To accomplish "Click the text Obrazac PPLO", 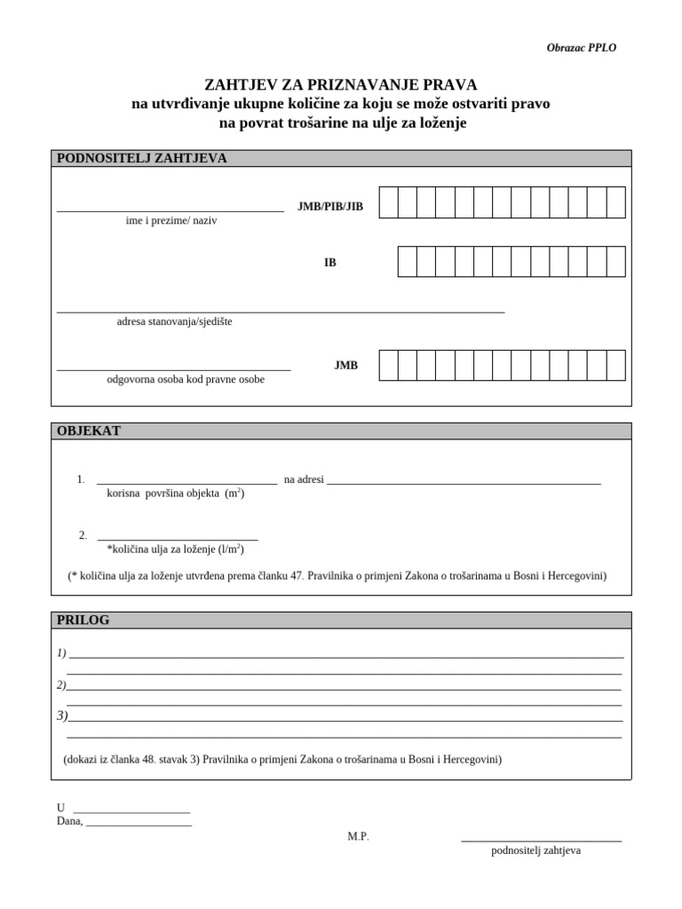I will coord(581,48).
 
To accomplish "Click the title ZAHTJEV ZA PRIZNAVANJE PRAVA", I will coord(341,85).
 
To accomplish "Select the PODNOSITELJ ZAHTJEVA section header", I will coord(142,159).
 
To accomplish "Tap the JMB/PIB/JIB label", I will coord(330,206).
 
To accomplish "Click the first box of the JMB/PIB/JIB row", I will coord(388,202).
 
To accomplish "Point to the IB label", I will coord(330,263).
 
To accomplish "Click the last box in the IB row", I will coord(615,262).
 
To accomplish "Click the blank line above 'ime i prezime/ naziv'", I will coord(170,209).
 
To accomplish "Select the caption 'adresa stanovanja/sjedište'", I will coord(174,321).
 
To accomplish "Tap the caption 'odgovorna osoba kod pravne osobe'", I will coord(186,379).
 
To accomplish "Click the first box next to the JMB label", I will coord(388,365).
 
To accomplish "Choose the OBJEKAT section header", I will coord(89,431).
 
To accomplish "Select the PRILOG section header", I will coord(83,620).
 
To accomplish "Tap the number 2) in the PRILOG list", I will coord(61,685).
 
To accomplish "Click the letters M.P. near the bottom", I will coord(358,836).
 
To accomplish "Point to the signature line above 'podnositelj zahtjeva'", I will coord(541,839).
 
